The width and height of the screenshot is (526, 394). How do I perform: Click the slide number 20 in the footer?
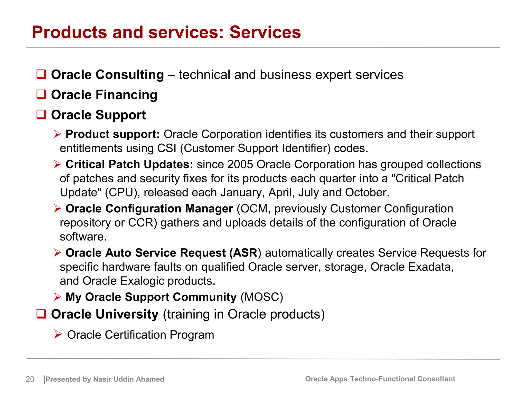30,379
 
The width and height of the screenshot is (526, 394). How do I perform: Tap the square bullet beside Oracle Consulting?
41,74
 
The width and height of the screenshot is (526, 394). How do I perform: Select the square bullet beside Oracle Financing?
41,94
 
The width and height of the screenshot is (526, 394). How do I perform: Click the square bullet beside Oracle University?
41,314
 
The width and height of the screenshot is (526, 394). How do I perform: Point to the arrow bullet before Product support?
58,134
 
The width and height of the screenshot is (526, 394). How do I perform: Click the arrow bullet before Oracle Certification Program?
58,334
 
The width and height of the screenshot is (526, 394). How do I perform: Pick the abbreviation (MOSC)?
262,297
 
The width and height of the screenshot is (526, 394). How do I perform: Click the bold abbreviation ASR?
245,253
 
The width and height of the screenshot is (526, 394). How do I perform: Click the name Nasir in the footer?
102,379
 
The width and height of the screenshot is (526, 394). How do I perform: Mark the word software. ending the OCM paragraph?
83,237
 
